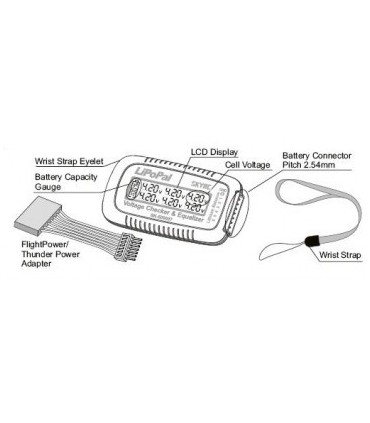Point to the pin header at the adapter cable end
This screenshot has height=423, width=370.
pyautogui.click(x=129, y=243)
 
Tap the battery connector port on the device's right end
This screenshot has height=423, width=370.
pyautogui.click(x=240, y=207)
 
